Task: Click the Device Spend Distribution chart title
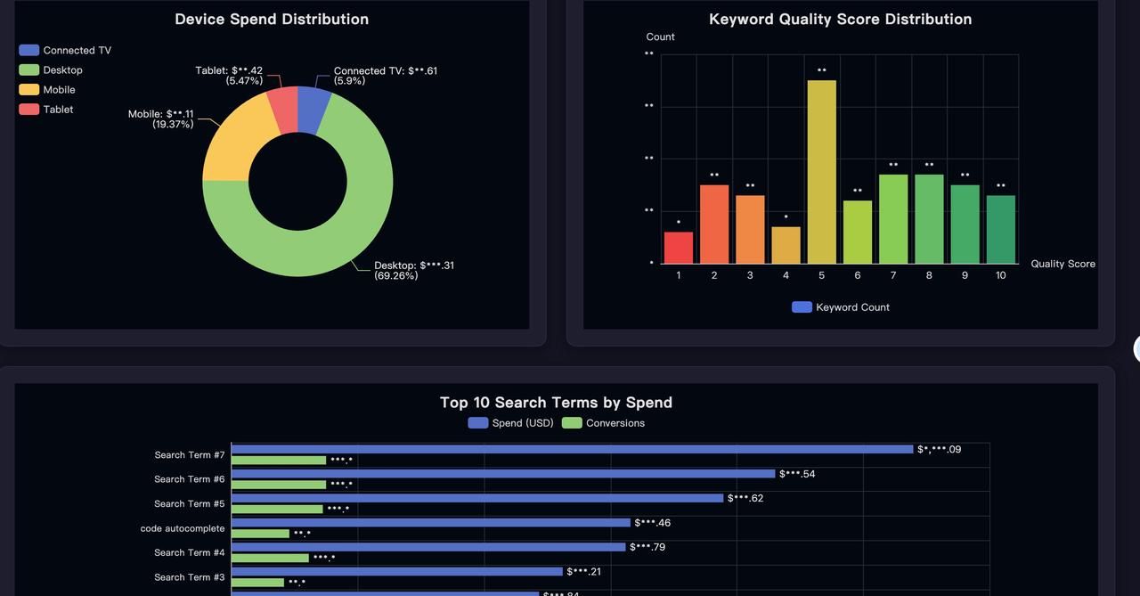(x=272, y=19)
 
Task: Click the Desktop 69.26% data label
(x=413, y=270)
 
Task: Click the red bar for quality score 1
(x=679, y=248)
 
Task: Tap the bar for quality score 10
(x=1000, y=229)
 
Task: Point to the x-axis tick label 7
(x=893, y=275)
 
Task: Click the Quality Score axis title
(x=1063, y=264)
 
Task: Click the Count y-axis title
(x=660, y=37)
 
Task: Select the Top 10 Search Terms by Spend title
(x=556, y=402)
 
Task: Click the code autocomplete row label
(x=183, y=528)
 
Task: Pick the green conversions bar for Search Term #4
(x=270, y=559)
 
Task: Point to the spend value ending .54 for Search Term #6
(x=797, y=474)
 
